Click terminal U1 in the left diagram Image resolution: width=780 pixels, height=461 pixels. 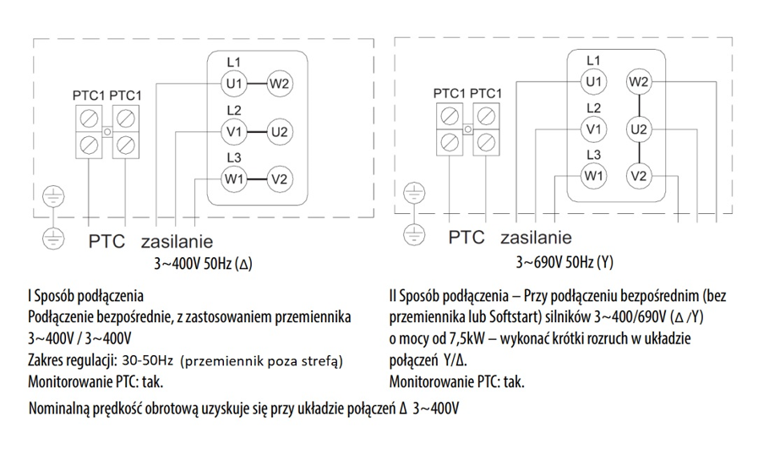[x=234, y=83]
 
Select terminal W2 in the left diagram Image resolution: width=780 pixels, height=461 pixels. [x=280, y=83]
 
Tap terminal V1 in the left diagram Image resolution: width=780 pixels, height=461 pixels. [x=234, y=131]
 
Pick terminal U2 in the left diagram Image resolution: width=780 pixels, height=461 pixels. [x=280, y=131]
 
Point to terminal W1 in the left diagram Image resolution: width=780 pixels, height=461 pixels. [x=234, y=178]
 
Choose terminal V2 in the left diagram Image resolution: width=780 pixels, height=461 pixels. [x=280, y=178]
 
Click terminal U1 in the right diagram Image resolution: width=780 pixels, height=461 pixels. [x=593, y=81]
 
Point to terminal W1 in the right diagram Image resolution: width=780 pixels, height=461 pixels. [x=593, y=176]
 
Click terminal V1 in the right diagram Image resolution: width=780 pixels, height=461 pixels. [x=593, y=129]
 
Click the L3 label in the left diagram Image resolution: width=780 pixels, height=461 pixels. [x=234, y=157]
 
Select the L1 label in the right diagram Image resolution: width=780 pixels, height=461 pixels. [x=593, y=61]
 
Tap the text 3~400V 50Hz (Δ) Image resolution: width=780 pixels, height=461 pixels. [x=203, y=263]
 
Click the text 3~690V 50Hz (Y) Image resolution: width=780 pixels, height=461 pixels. [x=565, y=262]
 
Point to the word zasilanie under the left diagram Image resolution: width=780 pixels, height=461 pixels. [x=177, y=240]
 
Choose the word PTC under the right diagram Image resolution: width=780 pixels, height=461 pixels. [x=466, y=238]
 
